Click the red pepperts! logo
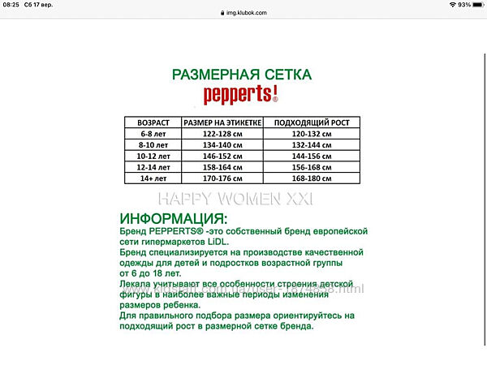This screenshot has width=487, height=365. click(241, 95)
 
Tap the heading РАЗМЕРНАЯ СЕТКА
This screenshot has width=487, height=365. click(241, 74)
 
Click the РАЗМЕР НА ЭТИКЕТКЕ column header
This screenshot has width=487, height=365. click(222, 122)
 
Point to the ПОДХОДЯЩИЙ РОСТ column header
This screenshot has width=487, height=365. click(312, 122)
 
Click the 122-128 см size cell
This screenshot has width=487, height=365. click(222, 134)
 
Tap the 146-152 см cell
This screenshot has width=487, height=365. click(222, 156)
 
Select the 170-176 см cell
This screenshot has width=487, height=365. click(222, 178)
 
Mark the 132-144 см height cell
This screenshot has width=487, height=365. click(312, 144)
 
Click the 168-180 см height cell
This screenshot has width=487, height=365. click(312, 178)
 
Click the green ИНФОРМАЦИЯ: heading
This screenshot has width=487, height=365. click(174, 219)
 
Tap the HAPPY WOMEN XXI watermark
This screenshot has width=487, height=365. click(235, 199)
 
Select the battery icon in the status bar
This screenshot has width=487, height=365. click(477, 5)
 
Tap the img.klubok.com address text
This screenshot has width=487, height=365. click(245, 14)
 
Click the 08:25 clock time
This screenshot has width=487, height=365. click(11, 5)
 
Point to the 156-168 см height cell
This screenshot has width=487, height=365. click(312, 166)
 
